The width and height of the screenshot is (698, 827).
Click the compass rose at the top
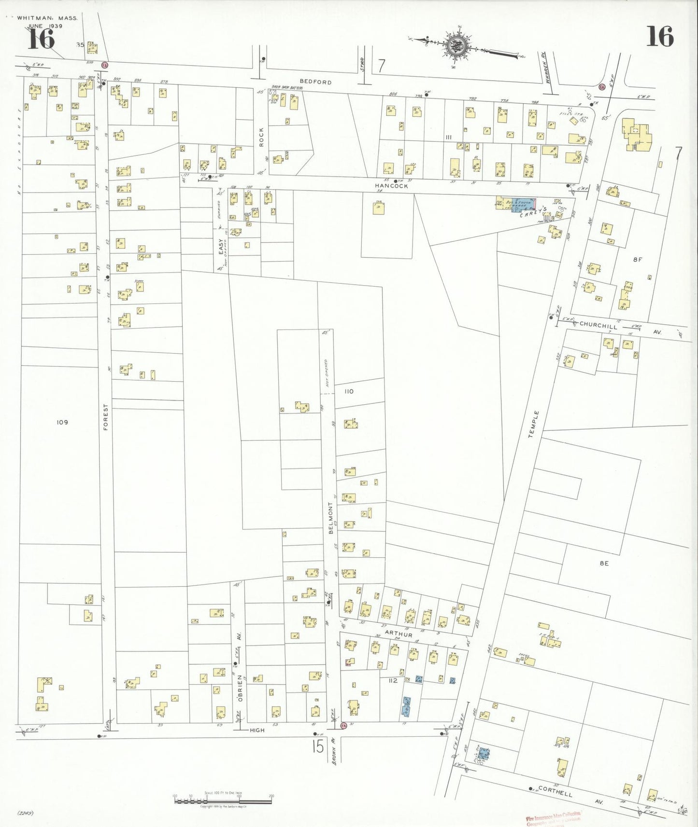tap(456, 46)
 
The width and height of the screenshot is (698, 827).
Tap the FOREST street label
tap(106, 417)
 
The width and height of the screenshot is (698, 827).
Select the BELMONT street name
tap(331, 518)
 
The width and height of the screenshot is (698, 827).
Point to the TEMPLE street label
tap(533, 424)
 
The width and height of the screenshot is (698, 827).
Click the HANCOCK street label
tap(391, 186)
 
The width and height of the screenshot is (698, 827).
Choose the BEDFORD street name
tap(315, 82)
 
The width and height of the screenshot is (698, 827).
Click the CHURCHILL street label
tap(598, 326)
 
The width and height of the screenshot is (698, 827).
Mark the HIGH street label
tap(257, 730)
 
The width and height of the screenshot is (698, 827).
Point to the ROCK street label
tap(261, 137)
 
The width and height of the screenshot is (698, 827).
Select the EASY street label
tap(222, 246)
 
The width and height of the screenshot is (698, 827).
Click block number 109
tap(62, 422)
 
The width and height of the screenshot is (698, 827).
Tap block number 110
tap(349, 391)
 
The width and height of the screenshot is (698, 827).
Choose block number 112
tap(393, 680)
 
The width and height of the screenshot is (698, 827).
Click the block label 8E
tap(604, 563)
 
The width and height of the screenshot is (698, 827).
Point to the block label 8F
tap(638, 260)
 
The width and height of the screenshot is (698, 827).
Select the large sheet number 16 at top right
tap(660, 37)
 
